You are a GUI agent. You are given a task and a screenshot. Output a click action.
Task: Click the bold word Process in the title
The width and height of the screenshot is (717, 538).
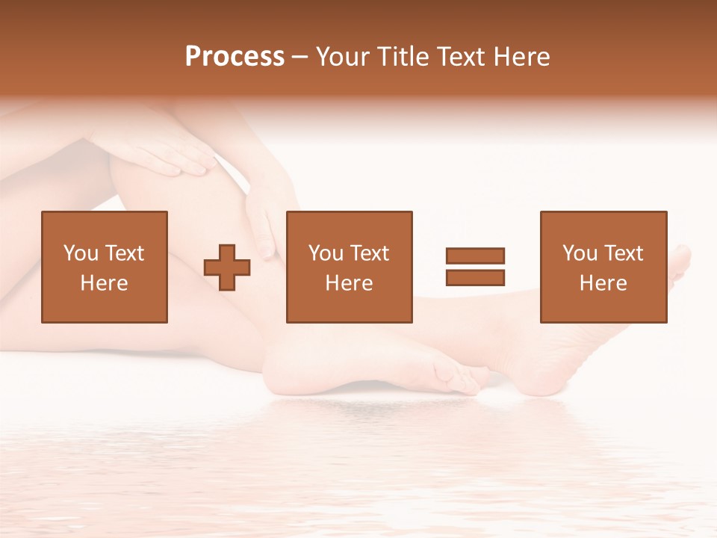235,56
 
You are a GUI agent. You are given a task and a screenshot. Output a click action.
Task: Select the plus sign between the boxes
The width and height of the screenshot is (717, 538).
227,268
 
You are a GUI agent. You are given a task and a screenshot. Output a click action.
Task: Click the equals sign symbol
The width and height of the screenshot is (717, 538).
475,267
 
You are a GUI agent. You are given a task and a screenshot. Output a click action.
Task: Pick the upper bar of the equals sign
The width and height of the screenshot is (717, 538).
475,256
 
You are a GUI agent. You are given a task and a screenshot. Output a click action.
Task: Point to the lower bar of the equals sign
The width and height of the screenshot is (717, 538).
475,278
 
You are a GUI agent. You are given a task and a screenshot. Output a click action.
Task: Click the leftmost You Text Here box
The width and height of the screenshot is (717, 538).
105,267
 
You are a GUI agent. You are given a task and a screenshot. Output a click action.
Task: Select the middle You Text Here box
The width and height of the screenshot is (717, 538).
349,267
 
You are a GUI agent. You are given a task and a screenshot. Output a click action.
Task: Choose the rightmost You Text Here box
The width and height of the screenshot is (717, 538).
603,267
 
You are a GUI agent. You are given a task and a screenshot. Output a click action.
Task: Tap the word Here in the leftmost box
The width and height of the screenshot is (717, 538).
105,283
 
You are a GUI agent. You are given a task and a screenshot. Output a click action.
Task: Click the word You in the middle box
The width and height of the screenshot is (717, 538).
326,253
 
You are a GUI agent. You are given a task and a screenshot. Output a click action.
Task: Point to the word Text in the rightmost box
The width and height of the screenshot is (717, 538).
623,253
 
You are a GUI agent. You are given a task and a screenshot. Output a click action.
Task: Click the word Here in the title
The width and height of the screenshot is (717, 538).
522,56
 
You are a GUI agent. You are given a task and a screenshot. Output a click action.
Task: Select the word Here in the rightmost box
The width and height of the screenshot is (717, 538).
603,283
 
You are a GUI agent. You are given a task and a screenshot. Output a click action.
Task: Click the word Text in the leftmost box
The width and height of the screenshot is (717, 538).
124,253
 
